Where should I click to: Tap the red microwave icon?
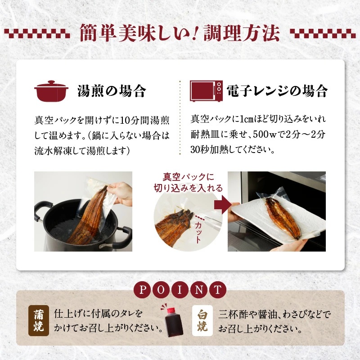pyautogui.click(x=206, y=90)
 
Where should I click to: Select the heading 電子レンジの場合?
pyautogui.click(x=277, y=91)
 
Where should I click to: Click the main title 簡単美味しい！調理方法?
pyautogui.click(x=180, y=32)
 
